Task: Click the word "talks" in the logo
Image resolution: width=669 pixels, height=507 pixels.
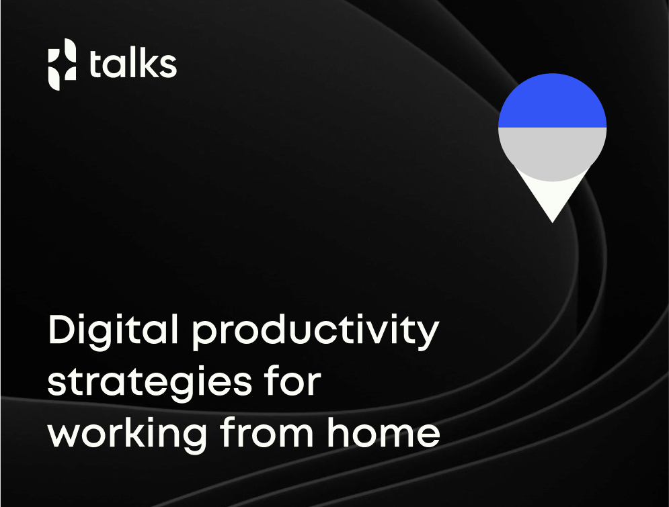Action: [132, 64]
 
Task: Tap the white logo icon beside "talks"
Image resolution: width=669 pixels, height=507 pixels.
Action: [62, 64]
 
